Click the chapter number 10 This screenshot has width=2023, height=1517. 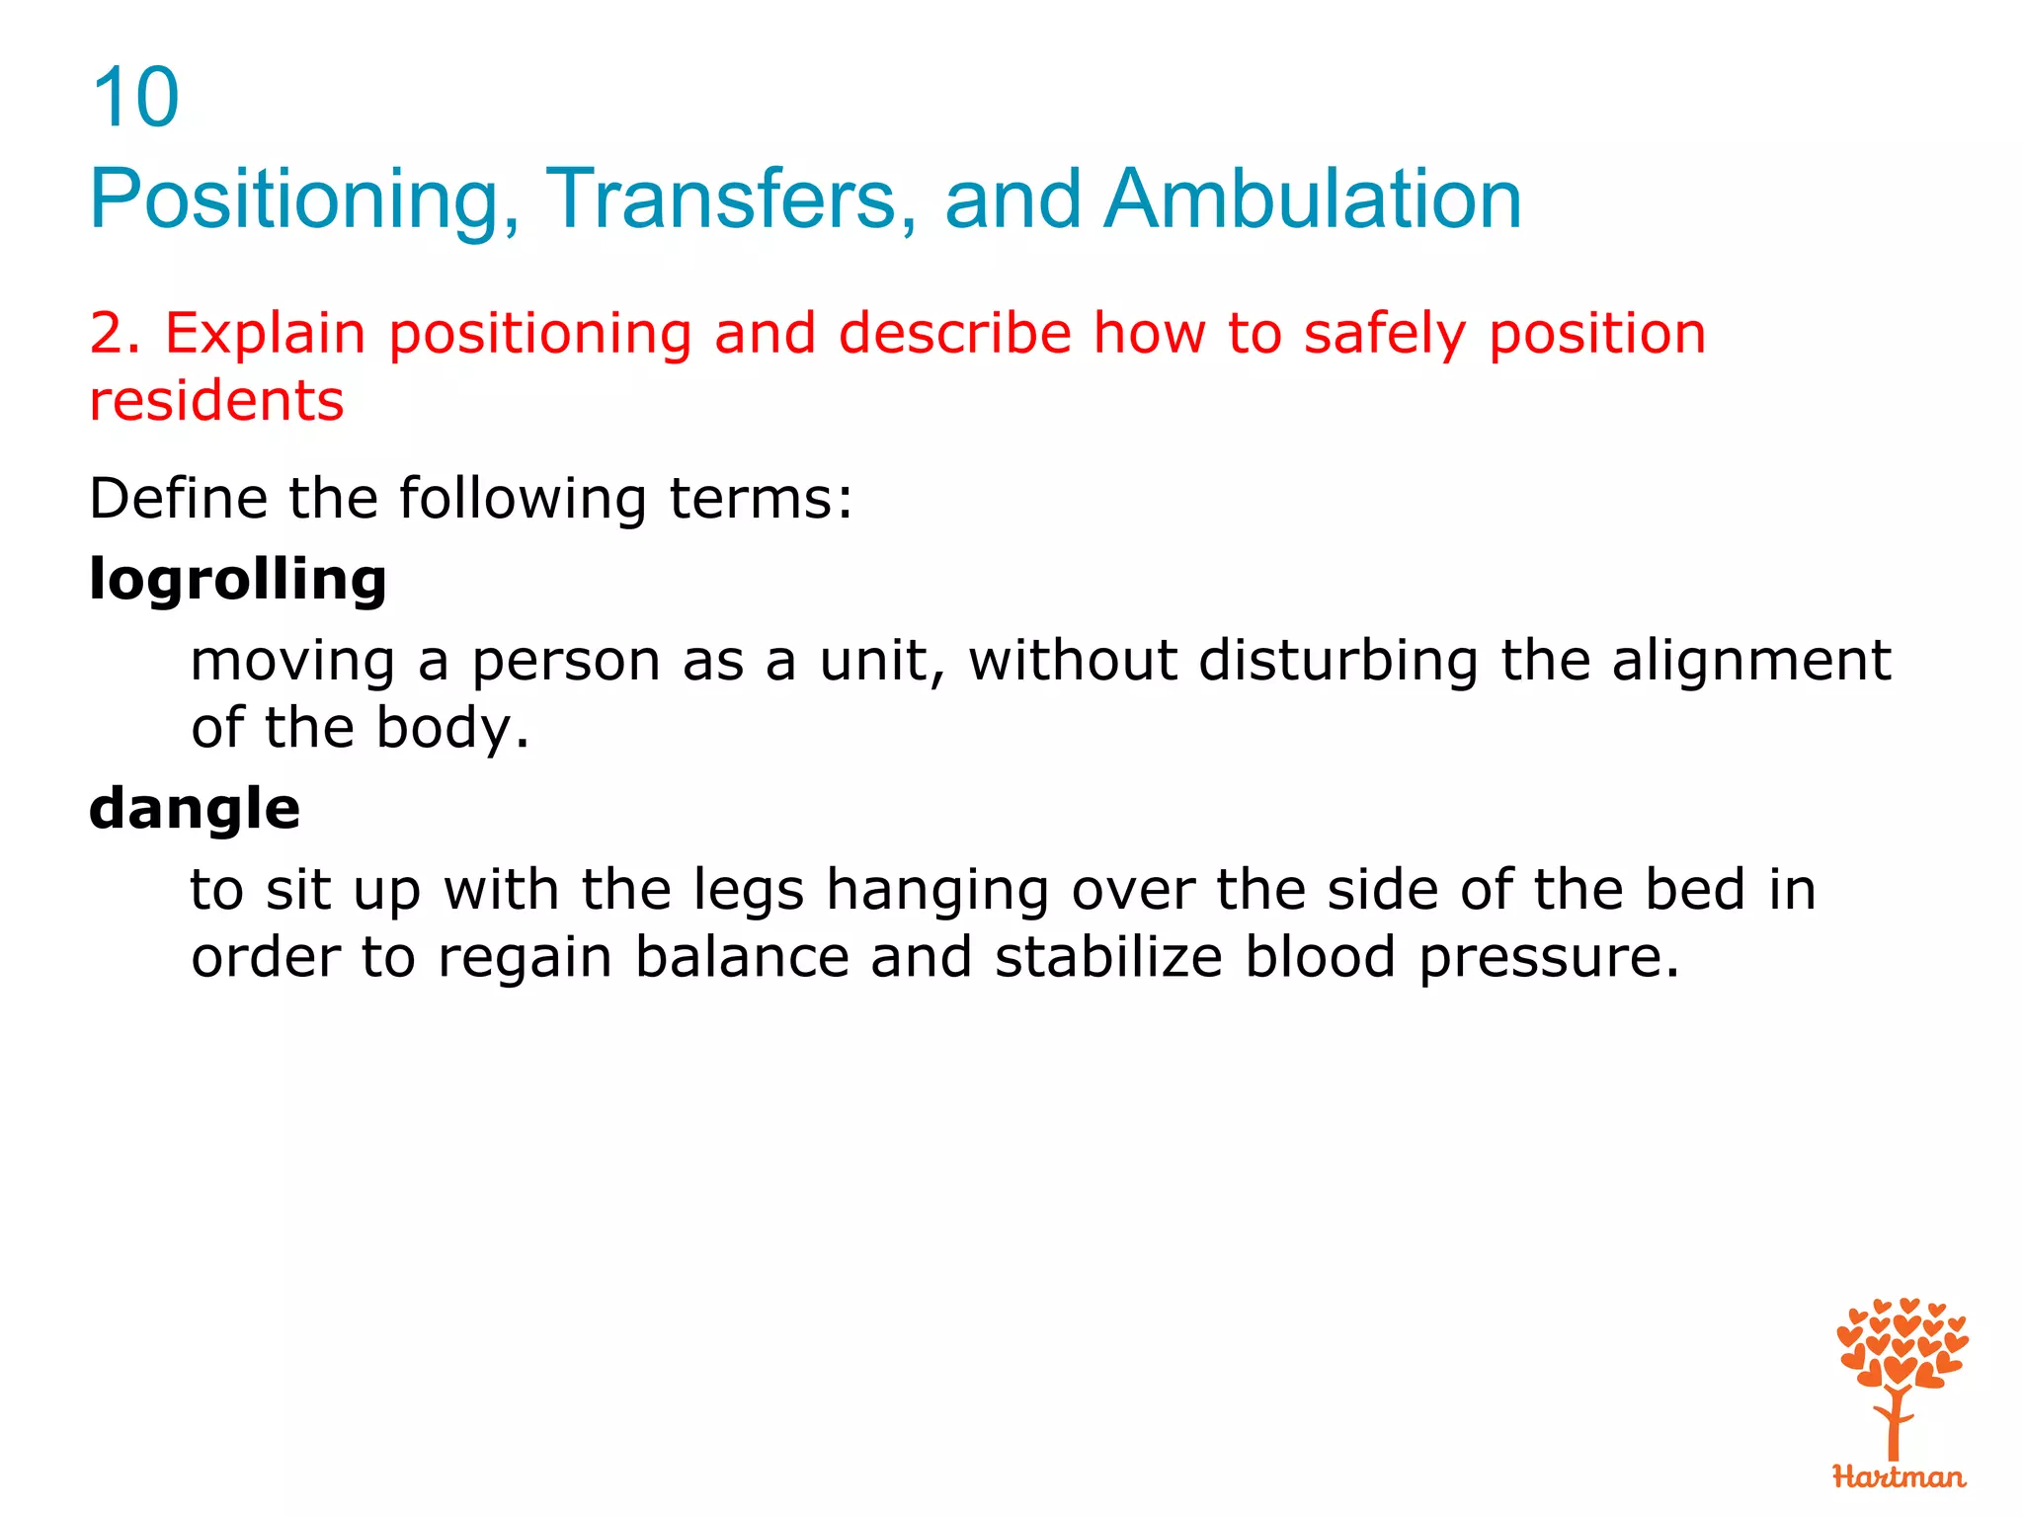point(134,98)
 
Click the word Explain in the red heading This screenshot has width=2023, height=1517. point(265,334)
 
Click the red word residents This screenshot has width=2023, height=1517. point(216,401)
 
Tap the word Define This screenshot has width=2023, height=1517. point(178,498)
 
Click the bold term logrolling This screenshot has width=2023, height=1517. point(237,580)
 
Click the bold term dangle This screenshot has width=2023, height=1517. point(194,810)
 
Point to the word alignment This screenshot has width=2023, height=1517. point(1750,661)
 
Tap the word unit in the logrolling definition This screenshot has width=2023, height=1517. point(878,661)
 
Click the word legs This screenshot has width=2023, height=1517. point(749,892)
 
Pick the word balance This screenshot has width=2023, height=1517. point(741,958)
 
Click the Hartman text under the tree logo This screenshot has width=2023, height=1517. point(1898,1477)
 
